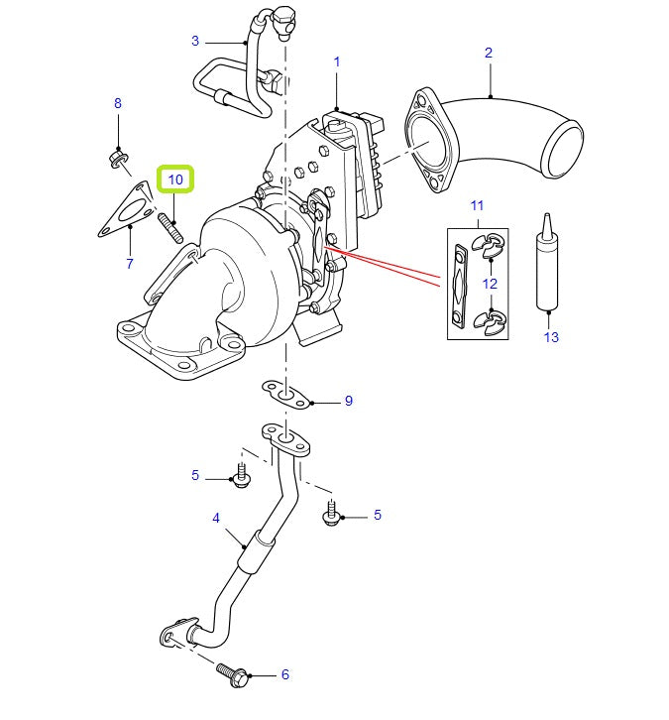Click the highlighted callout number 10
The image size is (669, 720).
176,180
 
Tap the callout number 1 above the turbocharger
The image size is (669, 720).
337,61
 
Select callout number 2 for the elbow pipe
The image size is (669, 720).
489,52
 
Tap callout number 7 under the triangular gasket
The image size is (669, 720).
129,264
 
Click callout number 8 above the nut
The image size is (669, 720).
118,103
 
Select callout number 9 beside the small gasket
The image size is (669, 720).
348,402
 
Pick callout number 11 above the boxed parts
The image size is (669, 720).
477,205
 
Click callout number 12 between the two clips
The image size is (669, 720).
490,284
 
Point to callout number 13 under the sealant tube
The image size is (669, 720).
551,337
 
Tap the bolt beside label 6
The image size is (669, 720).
233,674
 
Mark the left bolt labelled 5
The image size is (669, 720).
241,477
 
